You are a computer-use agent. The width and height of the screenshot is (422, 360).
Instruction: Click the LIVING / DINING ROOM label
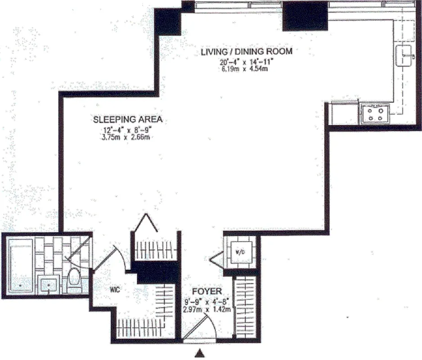point(246,51)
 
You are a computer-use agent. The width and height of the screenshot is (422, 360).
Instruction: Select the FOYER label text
point(207,292)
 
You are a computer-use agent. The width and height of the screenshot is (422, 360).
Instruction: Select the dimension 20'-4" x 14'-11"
point(246,63)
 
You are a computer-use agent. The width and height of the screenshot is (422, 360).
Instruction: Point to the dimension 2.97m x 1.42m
point(207,310)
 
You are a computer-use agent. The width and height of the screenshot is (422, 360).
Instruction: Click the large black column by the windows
point(305,16)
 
